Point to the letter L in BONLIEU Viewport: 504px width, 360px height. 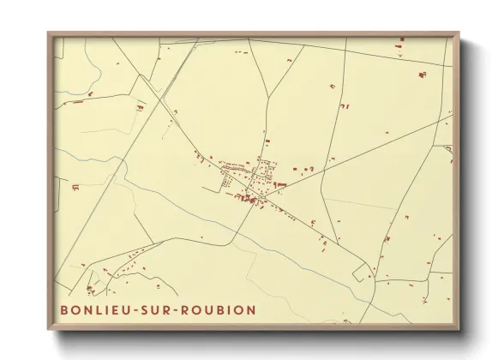tap(96, 309)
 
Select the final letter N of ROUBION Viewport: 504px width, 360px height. tap(250, 309)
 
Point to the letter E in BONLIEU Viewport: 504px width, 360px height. tap(111, 309)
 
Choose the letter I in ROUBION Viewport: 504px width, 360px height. tap(226, 309)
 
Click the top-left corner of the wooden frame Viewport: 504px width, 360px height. tap(48, 33)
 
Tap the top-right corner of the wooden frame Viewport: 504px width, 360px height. tap(459, 33)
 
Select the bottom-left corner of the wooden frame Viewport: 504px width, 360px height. tap(48, 330)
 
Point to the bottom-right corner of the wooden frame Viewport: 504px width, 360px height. tap(459, 330)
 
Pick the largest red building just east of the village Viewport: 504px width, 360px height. tap(280, 183)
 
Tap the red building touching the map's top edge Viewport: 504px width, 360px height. tap(400, 39)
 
